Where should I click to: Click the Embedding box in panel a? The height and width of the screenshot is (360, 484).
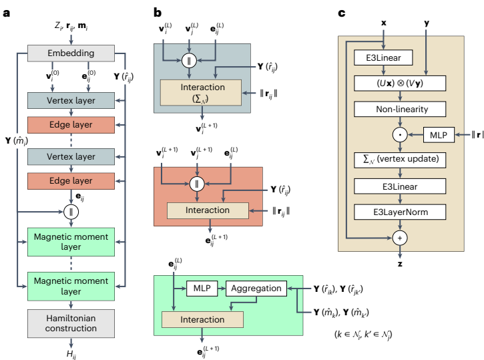tap(71, 53)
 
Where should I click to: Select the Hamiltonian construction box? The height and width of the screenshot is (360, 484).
tap(71, 322)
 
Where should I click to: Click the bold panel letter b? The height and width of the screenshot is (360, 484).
tap(157, 12)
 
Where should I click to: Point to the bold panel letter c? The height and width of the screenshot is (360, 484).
tap(341, 12)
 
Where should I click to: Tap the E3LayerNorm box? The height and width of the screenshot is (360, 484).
tap(400, 213)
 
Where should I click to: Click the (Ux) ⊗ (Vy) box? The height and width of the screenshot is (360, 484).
tap(400, 83)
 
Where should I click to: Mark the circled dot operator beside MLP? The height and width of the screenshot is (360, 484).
tap(400, 136)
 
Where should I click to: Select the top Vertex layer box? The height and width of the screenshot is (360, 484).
tap(71, 102)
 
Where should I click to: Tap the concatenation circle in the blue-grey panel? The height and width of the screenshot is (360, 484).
tap(190, 61)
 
